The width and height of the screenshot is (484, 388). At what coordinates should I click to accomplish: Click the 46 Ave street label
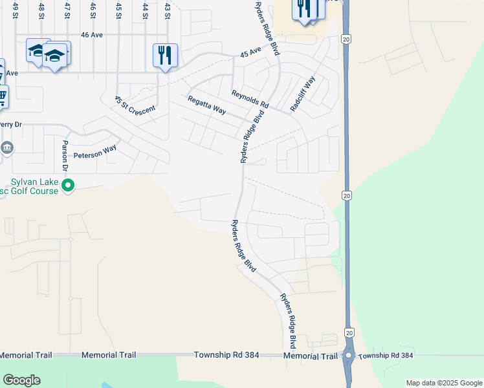tap(94, 35)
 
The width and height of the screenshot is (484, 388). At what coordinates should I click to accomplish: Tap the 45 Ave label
tap(250, 51)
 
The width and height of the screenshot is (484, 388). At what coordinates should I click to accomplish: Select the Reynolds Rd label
tap(250, 99)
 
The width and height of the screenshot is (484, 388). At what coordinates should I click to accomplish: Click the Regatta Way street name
tap(206, 105)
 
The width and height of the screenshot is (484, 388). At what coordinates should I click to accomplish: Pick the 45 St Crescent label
tap(135, 105)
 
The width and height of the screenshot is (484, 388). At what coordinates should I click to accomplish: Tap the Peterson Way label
tap(94, 152)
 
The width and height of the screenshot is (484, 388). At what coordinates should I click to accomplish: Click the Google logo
tap(21, 380)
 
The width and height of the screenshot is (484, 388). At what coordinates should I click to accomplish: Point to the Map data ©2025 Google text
tap(443, 383)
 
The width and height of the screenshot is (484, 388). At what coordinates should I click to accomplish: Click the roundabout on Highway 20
tap(348, 356)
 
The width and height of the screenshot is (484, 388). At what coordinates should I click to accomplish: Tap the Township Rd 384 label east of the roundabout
tap(385, 356)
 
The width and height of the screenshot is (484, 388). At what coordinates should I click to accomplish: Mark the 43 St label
tap(168, 11)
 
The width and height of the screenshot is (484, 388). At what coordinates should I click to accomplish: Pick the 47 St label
tap(67, 11)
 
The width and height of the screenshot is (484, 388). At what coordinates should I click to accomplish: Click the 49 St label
tap(16, 11)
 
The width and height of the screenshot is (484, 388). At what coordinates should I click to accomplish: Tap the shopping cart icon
tap(2, 97)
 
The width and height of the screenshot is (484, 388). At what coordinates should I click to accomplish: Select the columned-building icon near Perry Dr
tap(6, 148)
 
